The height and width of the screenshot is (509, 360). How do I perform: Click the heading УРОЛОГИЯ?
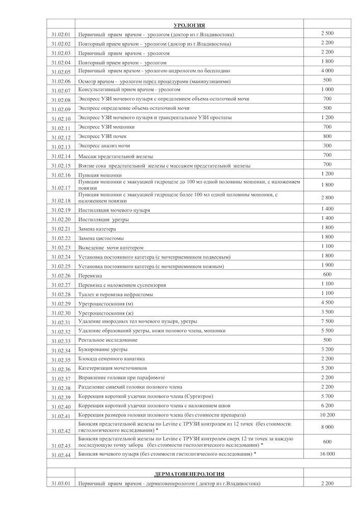click(x=189, y=24)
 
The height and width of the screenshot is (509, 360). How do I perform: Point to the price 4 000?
click(x=327, y=70)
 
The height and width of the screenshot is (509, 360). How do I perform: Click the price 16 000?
click(x=327, y=453)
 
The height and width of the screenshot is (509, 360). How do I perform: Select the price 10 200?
click(x=327, y=414)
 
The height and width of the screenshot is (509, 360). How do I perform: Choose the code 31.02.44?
click(x=61, y=454)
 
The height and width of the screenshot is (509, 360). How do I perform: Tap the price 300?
click(x=327, y=146)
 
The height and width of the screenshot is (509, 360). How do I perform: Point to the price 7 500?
click(x=327, y=321)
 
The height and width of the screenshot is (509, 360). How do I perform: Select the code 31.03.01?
click(x=61, y=484)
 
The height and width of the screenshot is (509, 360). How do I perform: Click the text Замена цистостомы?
click(x=101, y=238)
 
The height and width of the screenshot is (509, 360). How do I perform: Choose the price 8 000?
click(x=327, y=428)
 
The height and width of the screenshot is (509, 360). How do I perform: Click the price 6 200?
click(x=327, y=405)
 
